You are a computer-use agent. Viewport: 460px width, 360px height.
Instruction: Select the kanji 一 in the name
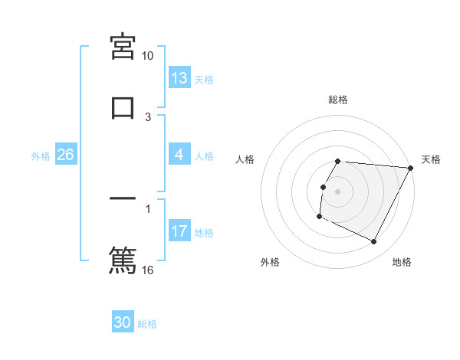[x=123, y=198]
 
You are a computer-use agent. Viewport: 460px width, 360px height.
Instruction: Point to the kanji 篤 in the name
[x=123, y=259]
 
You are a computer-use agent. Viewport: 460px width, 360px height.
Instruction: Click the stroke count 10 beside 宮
[x=148, y=56]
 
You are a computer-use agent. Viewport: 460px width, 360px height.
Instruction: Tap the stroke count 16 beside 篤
[x=148, y=270]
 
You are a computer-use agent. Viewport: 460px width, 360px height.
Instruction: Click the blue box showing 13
[x=179, y=78]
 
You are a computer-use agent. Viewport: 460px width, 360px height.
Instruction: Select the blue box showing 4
[x=179, y=155]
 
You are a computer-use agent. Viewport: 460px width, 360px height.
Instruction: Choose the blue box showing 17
[x=179, y=231]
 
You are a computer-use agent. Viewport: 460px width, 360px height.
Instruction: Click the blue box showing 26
[x=65, y=155]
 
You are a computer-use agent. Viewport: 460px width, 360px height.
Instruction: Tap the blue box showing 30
[x=123, y=322]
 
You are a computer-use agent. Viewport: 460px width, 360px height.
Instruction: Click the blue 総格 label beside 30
[x=148, y=324]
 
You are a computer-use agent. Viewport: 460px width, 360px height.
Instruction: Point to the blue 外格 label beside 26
[x=41, y=156]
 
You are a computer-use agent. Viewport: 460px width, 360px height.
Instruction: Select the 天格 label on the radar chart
[x=431, y=159]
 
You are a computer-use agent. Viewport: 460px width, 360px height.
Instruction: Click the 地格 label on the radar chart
[x=402, y=262]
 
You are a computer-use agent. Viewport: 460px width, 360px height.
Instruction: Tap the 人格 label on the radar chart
[x=245, y=159]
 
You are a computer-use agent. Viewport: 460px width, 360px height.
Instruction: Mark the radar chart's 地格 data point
[x=374, y=242]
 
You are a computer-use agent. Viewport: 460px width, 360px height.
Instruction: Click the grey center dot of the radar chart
[x=337, y=191]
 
